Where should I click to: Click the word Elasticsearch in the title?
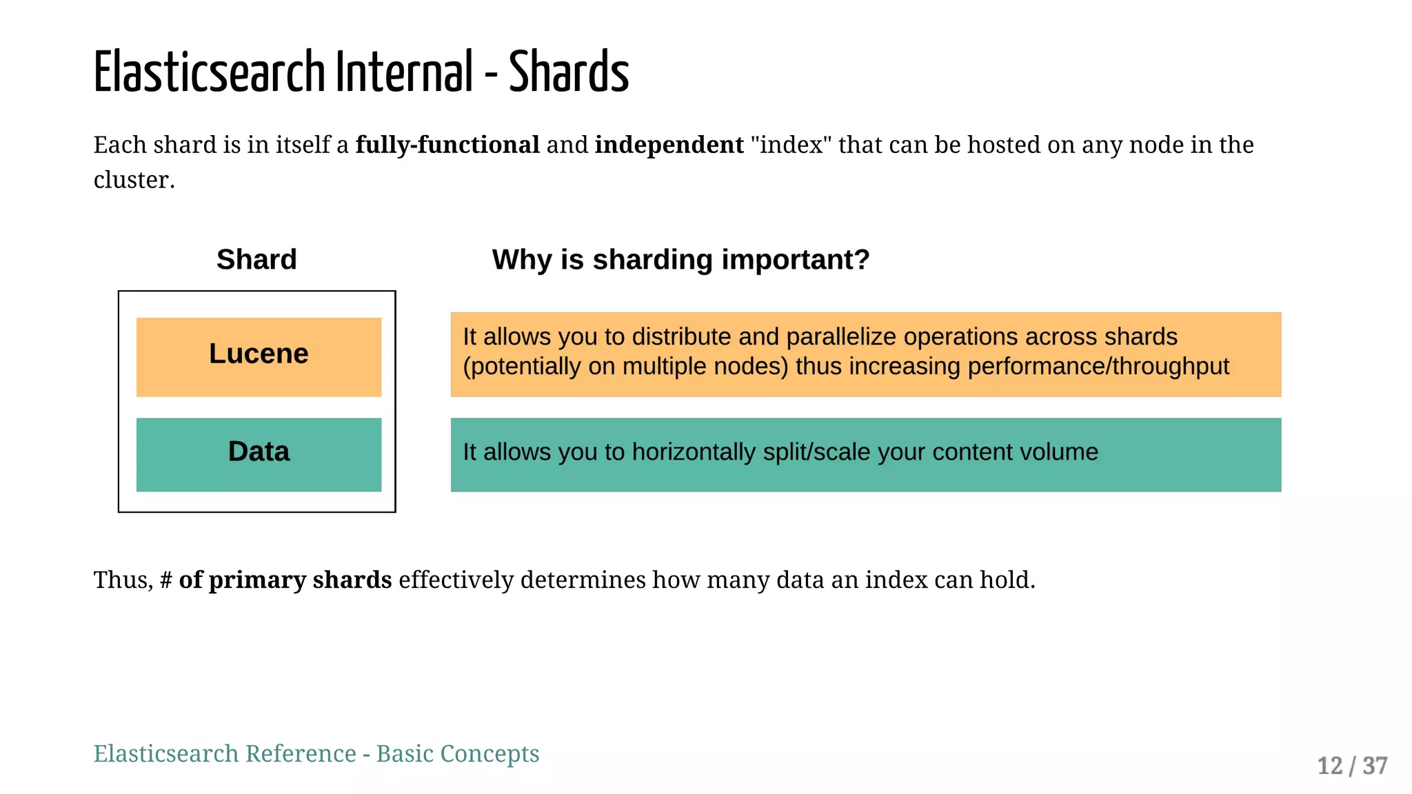pyautogui.click(x=209, y=72)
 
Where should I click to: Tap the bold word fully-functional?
pyautogui.click(x=447, y=145)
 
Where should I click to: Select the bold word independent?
pyautogui.click(x=669, y=145)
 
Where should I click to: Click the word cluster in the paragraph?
pyautogui.click(x=131, y=181)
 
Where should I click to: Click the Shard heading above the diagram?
pyautogui.click(x=256, y=260)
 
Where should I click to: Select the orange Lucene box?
pyautogui.click(x=259, y=356)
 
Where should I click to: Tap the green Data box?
pyautogui.click(x=259, y=454)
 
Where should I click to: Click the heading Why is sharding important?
pyautogui.click(x=680, y=260)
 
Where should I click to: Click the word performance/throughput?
pyautogui.click(x=1098, y=367)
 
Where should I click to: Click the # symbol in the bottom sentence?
pyautogui.click(x=166, y=580)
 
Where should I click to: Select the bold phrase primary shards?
pyautogui.click(x=299, y=580)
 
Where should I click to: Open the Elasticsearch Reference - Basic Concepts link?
pyautogui.click(x=316, y=754)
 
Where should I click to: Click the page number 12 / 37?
pyautogui.click(x=1351, y=766)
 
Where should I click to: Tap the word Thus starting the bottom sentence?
pyautogui.click(x=121, y=580)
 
